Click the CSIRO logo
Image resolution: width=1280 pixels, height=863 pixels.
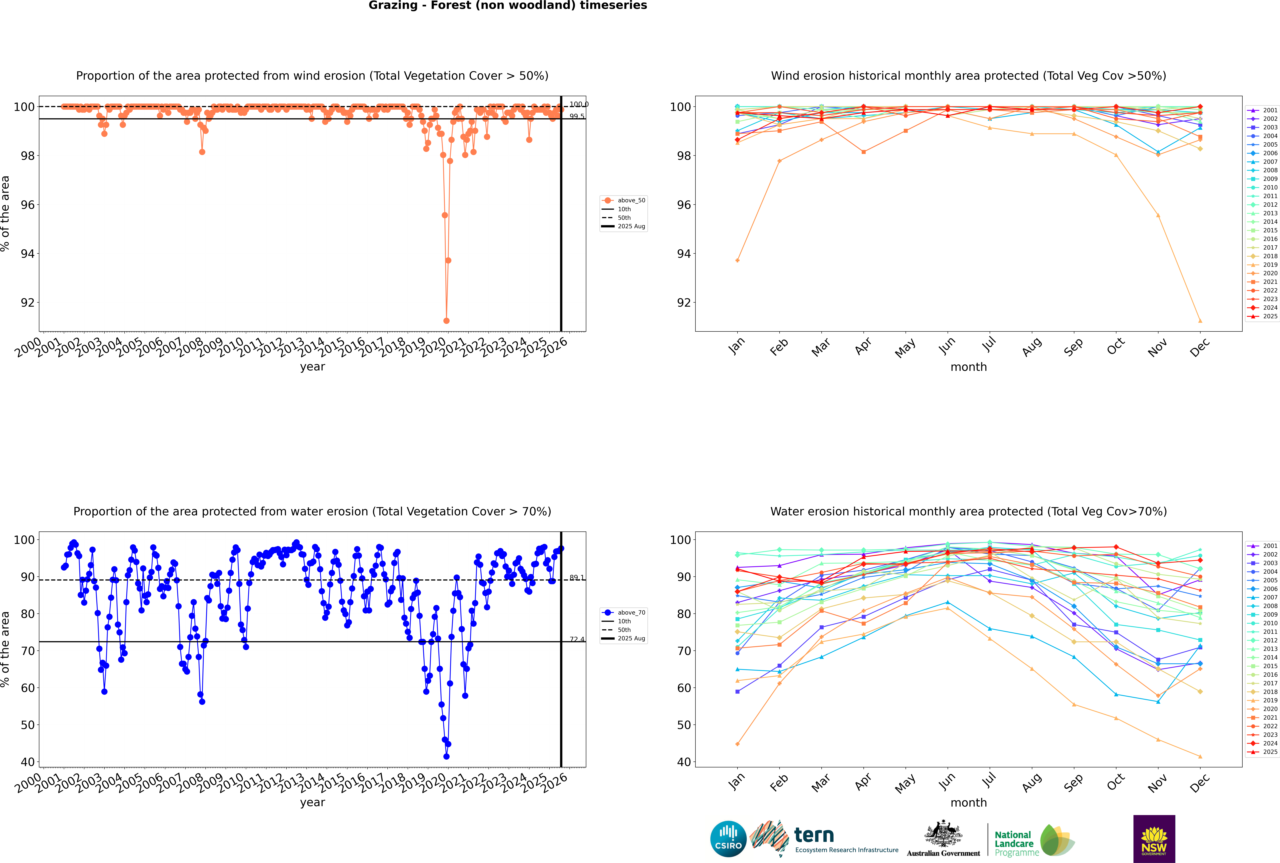click(728, 839)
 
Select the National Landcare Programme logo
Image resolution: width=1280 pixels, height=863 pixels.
click(1034, 840)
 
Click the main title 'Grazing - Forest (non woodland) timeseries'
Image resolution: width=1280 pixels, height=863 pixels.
click(507, 5)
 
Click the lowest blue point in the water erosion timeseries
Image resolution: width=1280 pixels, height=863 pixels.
click(446, 756)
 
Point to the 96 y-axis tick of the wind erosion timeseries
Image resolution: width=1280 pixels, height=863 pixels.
click(27, 205)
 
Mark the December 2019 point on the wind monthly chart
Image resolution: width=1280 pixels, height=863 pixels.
click(1200, 321)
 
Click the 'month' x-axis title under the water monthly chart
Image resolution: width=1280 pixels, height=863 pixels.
click(969, 802)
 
